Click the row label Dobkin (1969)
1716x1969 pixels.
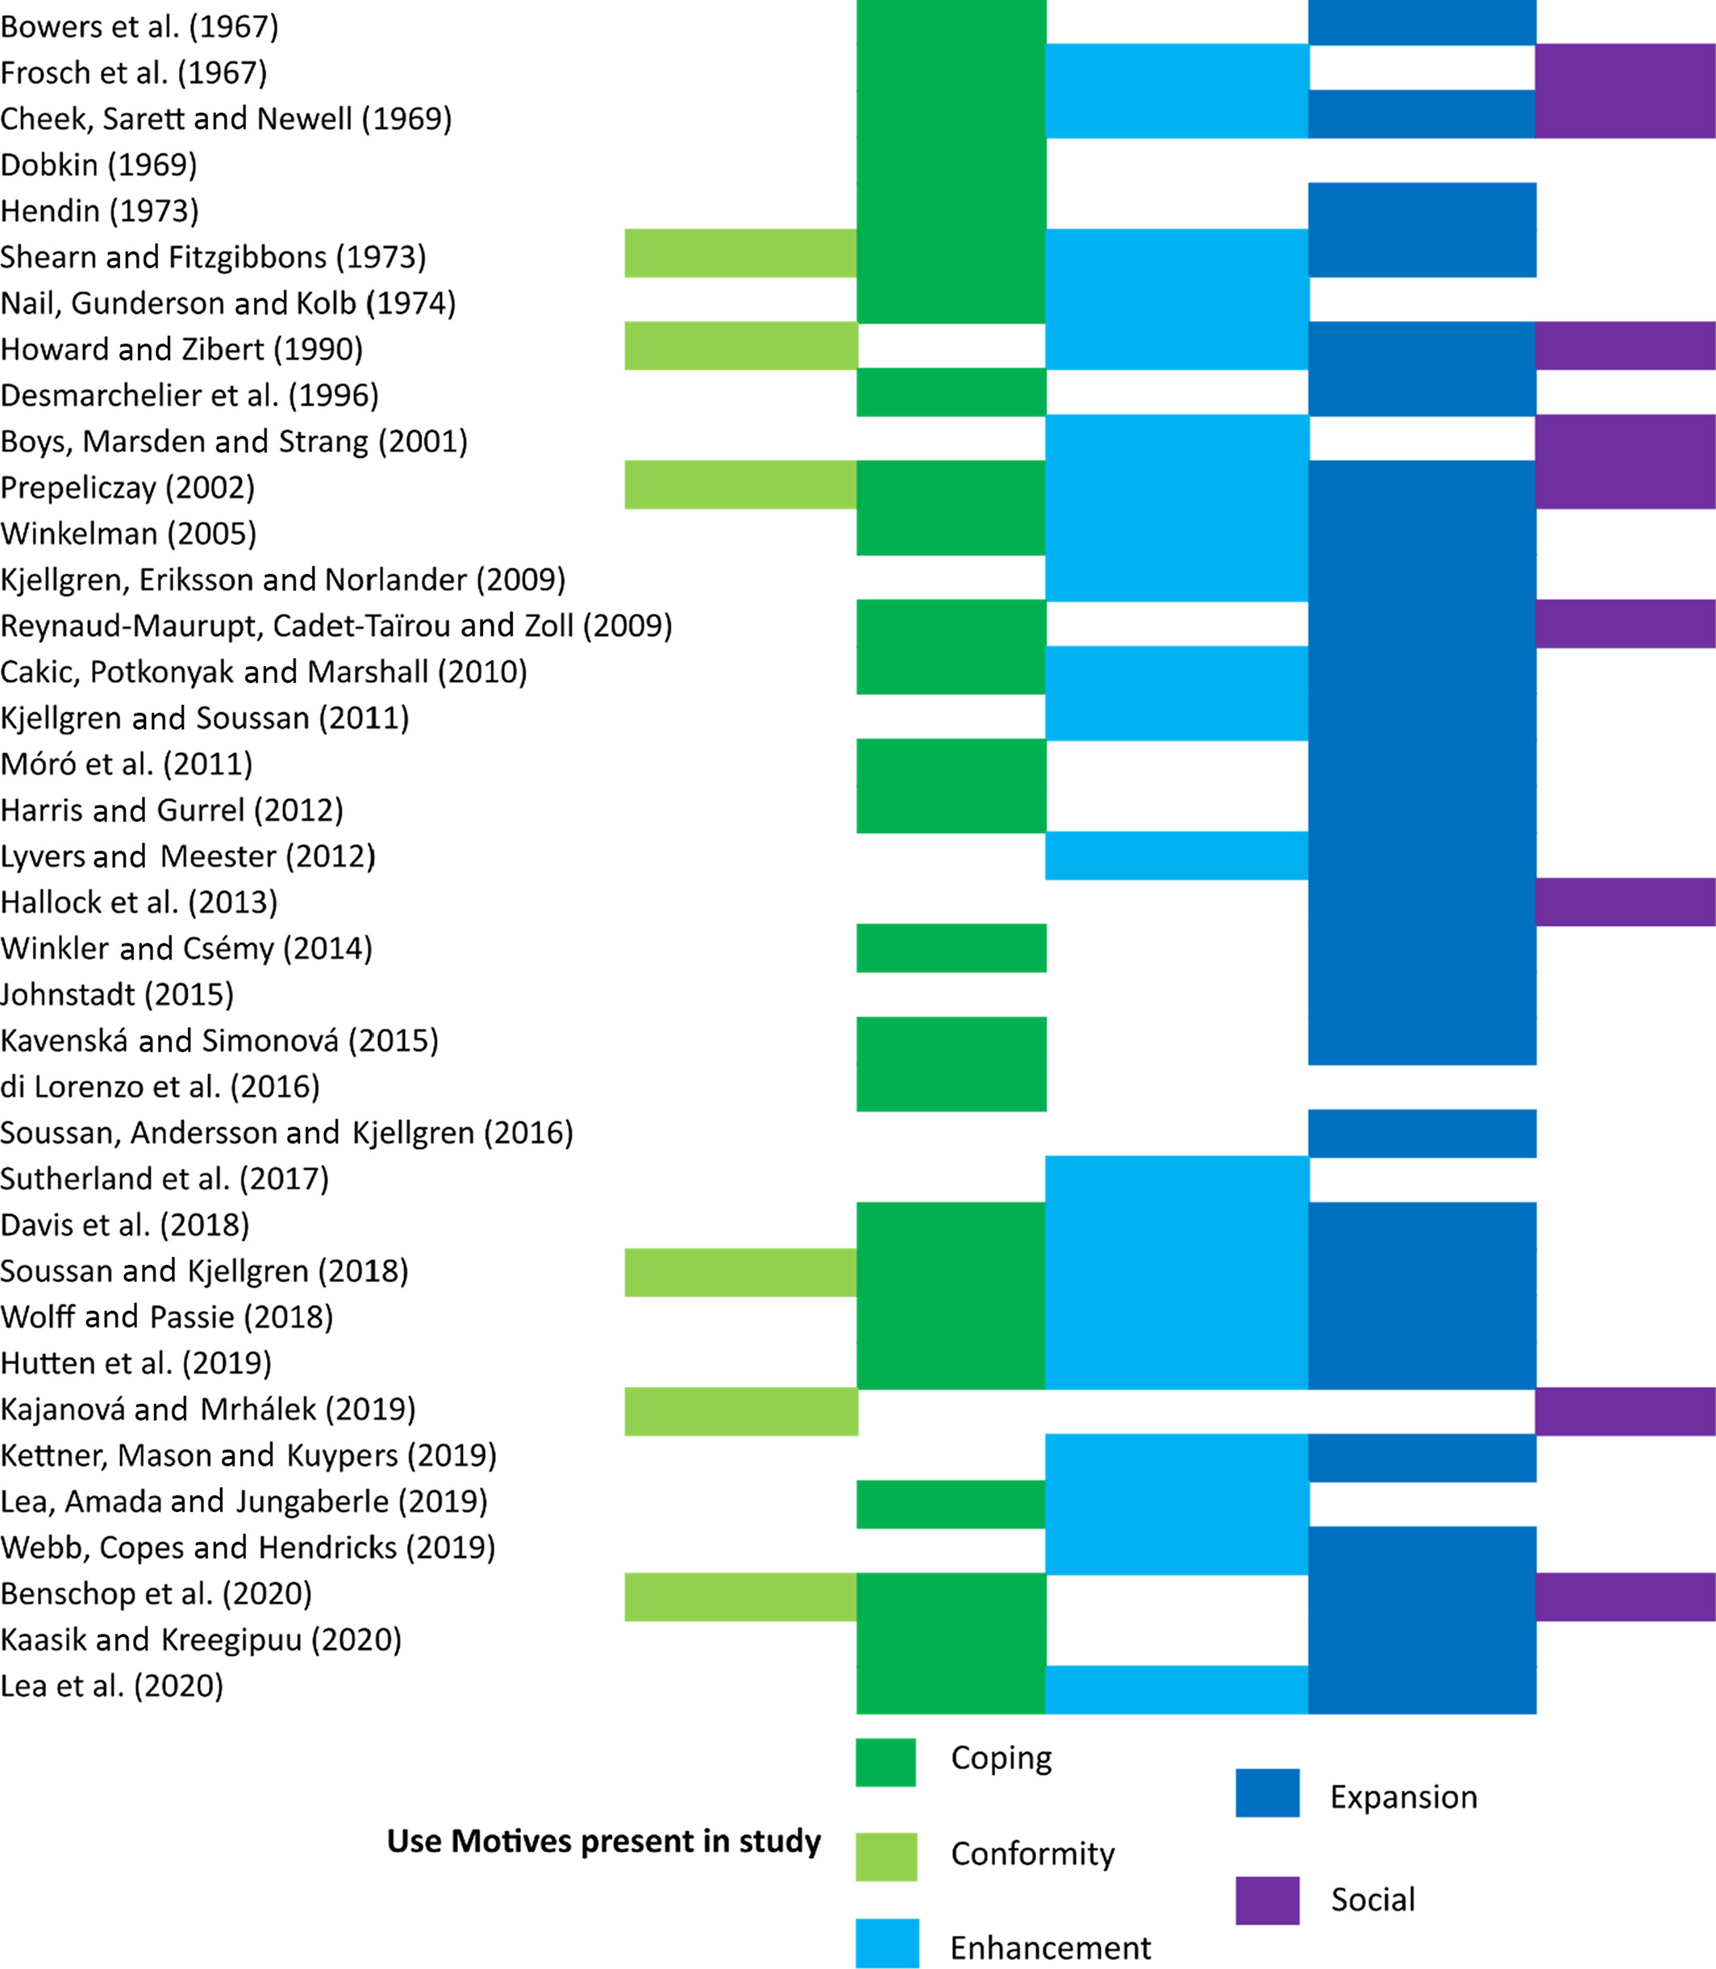click(98, 164)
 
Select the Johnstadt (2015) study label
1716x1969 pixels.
click(117, 994)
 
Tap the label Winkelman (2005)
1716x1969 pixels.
click(128, 534)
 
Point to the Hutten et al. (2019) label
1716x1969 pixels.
click(136, 1363)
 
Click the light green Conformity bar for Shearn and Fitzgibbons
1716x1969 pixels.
click(740, 253)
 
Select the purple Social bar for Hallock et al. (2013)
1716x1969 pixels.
click(1624, 902)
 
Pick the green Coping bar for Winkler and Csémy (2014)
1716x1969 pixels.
click(951, 948)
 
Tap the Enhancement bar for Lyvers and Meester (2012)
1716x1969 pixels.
click(1176, 855)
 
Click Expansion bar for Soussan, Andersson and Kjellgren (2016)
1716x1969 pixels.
click(1422, 1133)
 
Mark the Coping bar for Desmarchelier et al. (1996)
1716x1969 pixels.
click(951, 393)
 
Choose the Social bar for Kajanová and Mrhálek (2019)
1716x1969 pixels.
click(1624, 1411)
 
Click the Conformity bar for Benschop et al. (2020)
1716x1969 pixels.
click(740, 1596)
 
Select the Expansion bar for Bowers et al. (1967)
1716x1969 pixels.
click(1422, 22)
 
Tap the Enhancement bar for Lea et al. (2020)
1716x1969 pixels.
click(1176, 1689)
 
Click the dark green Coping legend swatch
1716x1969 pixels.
click(885, 1762)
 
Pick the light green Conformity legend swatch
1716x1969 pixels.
click(885, 1857)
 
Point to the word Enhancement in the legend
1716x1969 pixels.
click(1051, 1948)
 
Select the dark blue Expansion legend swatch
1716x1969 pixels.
click(1267, 1792)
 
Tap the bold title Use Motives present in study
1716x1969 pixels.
click(603, 1842)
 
